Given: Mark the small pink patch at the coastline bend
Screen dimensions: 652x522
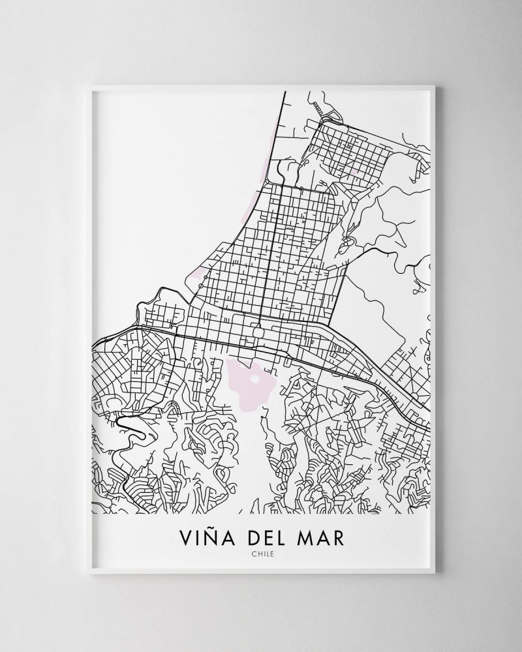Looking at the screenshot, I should point(198,277).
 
